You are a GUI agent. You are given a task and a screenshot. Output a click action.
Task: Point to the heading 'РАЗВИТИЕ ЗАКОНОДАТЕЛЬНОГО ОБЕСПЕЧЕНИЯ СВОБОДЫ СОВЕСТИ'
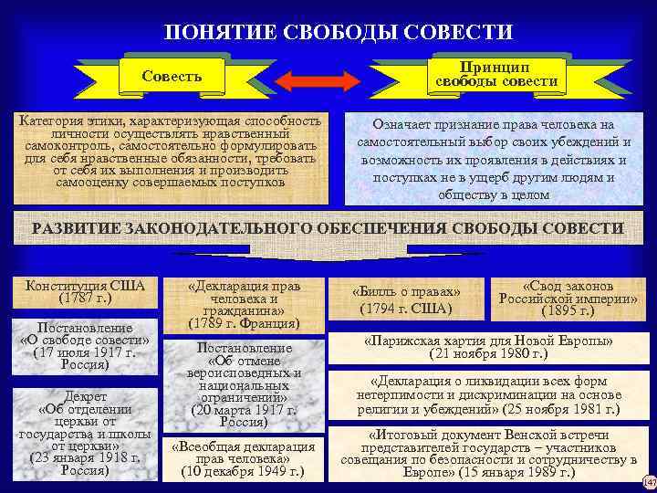[x=328, y=228]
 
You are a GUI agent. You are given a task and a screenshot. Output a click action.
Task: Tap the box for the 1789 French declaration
[x=243, y=303]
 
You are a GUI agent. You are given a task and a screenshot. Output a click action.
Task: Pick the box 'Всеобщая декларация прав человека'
[x=243, y=459]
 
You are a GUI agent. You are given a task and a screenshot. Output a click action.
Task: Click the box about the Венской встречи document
[x=488, y=454]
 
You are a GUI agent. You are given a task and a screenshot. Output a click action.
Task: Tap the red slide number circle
[x=649, y=482]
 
